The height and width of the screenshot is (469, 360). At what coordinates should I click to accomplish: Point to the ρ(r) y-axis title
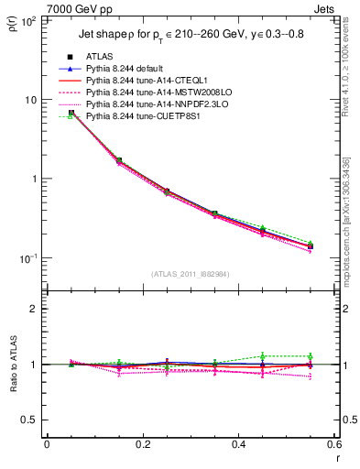pos(12,27)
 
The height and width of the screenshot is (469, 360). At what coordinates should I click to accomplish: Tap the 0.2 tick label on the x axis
pos(142,444)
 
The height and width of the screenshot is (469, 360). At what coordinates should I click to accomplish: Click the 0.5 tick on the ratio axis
pos(29,420)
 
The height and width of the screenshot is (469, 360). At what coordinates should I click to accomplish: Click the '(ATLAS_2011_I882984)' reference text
pos(191,274)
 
